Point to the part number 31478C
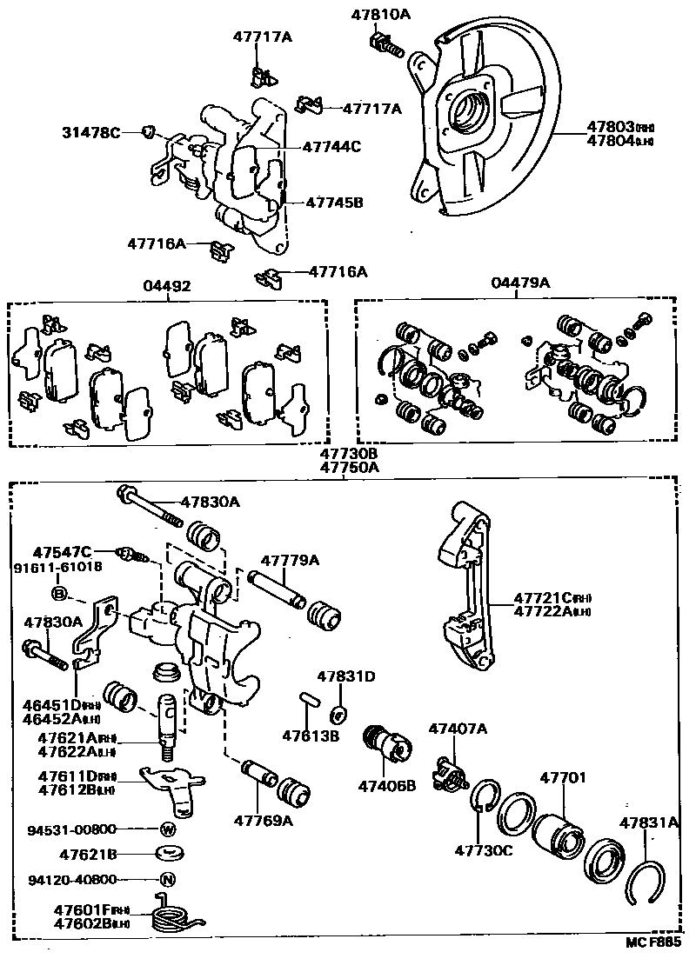(x=90, y=132)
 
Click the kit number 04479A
(x=520, y=283)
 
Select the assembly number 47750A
(x=348, y=467)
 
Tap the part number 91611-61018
(x=57, y=567)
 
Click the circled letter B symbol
(x=58, y=593)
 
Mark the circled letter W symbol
(x=167, y=829)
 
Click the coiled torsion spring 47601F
(x=174, y=915)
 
